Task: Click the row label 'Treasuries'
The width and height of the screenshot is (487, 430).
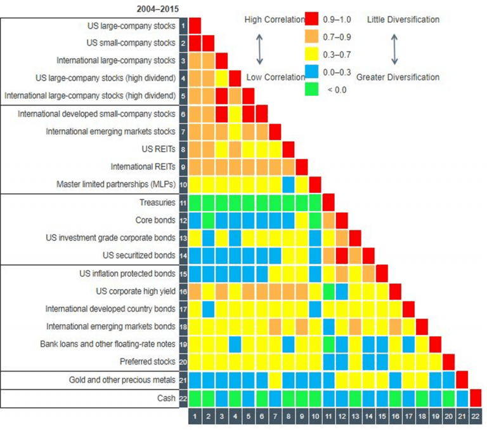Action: click(x=157, y=203)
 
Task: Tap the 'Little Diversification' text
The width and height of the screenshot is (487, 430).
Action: click(x=403, y=20)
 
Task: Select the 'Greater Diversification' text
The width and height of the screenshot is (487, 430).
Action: click(x=398, y=77)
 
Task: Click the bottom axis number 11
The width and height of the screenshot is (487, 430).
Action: click(x=328, y=417)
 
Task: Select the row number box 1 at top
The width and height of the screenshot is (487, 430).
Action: click(x=183, y=26)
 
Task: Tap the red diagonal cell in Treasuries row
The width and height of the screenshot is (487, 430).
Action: click(x=328, y=203)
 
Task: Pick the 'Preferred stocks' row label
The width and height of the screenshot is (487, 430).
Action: click(x=148, y=361)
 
